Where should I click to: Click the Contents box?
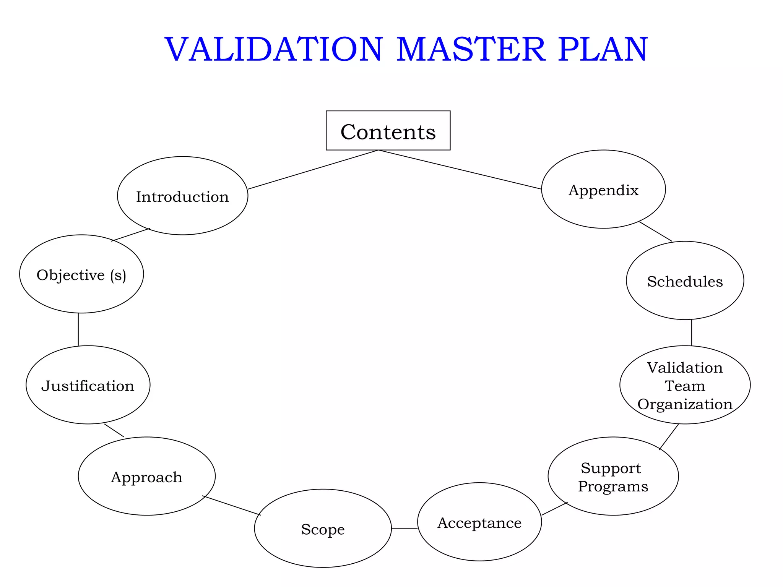click(388, 131)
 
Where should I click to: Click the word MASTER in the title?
click(470, 50)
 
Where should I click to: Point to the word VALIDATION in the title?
click(273, 50)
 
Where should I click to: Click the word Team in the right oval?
click(685, 386)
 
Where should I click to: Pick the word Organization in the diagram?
click(685, 404)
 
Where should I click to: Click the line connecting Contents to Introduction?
click(313, 170)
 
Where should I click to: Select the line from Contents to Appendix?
click(460, 170)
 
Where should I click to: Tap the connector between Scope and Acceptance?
click(404, 528)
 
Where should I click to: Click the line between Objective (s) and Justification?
click(78, 329)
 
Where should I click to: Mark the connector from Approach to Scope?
click(232, 505)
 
